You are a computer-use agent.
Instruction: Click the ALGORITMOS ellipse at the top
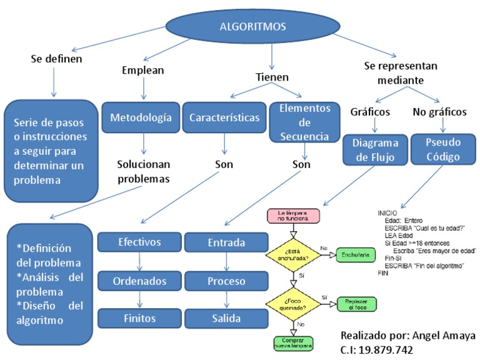[x=253, y=27]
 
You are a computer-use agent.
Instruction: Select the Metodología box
[x=141, y=117]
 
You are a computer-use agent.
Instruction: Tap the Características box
[x=224, y=117]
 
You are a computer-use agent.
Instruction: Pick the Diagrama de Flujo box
[x=374, y=149]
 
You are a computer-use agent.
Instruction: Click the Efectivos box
[x=139, y=242]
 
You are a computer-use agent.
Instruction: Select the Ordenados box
[x=139, y=280]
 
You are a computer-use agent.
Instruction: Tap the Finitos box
[x=139, y=318]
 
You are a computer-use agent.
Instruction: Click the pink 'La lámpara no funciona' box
[x=292, y=216]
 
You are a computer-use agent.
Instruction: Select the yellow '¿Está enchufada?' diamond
[x=292, y=255]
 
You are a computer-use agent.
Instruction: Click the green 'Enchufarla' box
[x=355, y=255]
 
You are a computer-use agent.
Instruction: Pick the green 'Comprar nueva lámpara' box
[x=292, y=342]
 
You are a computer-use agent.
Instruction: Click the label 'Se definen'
[x=57, y=59]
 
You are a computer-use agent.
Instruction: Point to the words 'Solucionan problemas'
[x=144, y=171]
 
